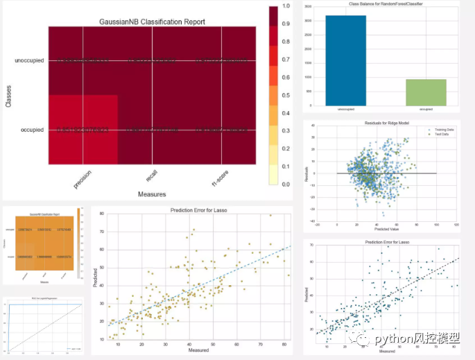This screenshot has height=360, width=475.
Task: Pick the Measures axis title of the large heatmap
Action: tap(151, 194)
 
